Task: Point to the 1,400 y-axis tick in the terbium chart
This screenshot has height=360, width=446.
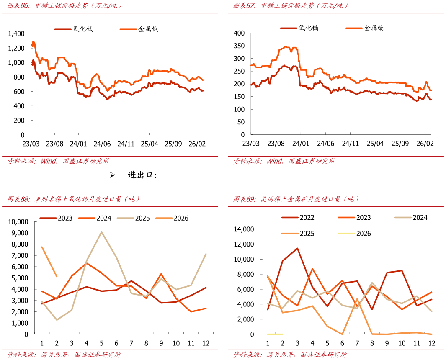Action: (16, 33)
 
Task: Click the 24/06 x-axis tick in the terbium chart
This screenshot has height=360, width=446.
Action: (102, 144)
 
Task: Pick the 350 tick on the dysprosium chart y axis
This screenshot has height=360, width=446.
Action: (240, 46)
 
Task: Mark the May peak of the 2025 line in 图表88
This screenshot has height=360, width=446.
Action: (102, 232)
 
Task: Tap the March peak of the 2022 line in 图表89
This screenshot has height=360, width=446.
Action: (297, 248)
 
